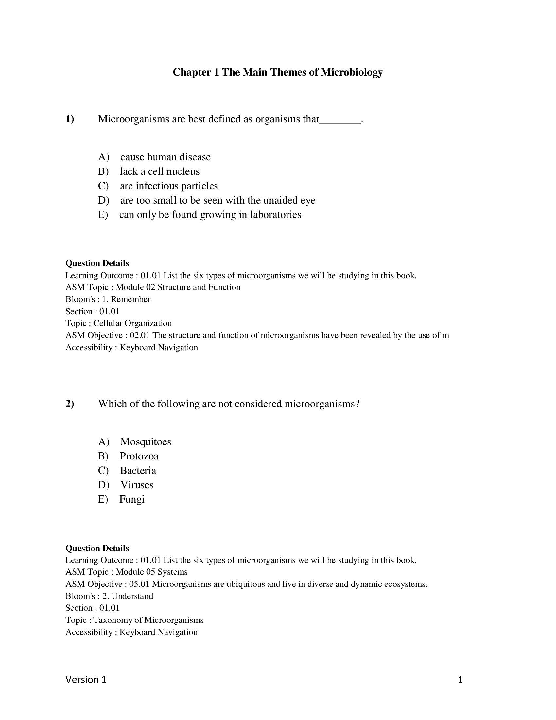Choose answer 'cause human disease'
[x=165, y=157]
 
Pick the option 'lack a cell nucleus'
[x=159, y=171]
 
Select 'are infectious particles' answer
[x=169, y=186]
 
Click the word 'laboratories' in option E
[x=275, y=215]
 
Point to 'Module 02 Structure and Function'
[x=178, y=287]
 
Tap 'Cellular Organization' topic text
[x=132, y=323]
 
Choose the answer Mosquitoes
[x=146, y=442]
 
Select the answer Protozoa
[x=139, y=456]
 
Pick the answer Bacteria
[x=138, y=470]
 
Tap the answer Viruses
[x=137, y=485]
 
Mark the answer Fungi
[x=132, y=499]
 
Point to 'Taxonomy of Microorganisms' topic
[x=148, y=620]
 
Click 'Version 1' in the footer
[x=86, y=680]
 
